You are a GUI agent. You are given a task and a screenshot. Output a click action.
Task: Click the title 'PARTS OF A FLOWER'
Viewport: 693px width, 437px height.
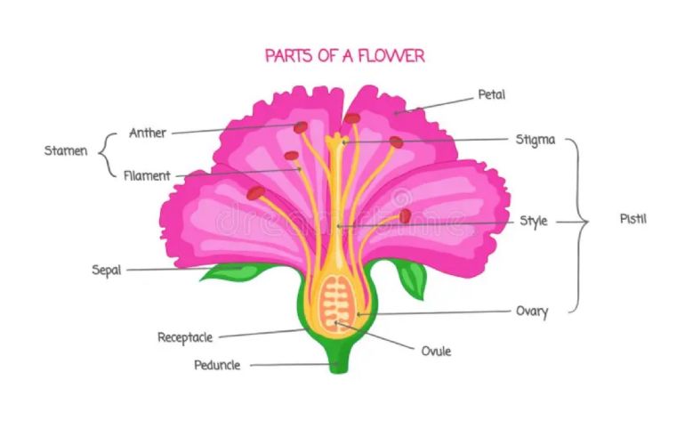point(345,55)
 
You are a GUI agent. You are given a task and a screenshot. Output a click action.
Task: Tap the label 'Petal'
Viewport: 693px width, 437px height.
point(492,93)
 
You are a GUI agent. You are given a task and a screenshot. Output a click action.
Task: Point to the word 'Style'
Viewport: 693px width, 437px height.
point(533,221)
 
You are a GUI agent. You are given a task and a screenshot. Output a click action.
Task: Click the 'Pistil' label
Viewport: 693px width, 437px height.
point(633,218)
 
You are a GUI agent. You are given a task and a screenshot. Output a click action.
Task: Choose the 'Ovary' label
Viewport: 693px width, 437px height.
point(532,312)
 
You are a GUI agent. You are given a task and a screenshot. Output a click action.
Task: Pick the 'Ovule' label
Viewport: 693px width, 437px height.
point(436,351)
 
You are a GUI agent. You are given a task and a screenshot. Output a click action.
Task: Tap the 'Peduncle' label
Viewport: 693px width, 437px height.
point(217,365)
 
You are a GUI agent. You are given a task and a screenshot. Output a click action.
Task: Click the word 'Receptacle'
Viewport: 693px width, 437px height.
point(185,337)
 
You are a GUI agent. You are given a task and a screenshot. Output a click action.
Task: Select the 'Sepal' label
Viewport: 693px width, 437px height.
point(106,270)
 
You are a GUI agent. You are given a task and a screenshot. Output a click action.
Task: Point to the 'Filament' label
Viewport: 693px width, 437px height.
point(147,175)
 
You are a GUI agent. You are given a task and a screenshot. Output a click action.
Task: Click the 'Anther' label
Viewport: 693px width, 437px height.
point(148,133)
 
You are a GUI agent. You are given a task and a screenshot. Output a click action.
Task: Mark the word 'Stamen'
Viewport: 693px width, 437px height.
point(66,150)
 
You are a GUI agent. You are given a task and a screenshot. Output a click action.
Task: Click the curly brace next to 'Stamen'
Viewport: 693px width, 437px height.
point(108,153)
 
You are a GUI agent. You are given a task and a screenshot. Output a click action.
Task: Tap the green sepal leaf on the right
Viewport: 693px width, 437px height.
point(411,277)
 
